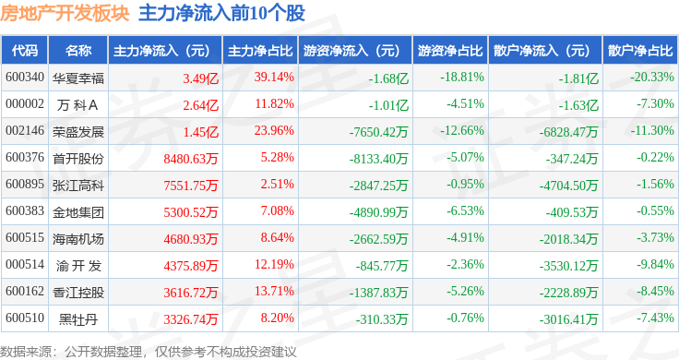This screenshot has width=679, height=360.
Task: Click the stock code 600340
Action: tap(25, 78)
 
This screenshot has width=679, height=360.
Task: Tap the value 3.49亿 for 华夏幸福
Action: tap(200, 78)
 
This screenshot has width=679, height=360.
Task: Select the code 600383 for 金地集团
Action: tap(25, 211)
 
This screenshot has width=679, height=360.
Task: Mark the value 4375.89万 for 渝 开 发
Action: tap(190, 265)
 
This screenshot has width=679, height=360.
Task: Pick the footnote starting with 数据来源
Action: tap(149, 351)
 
